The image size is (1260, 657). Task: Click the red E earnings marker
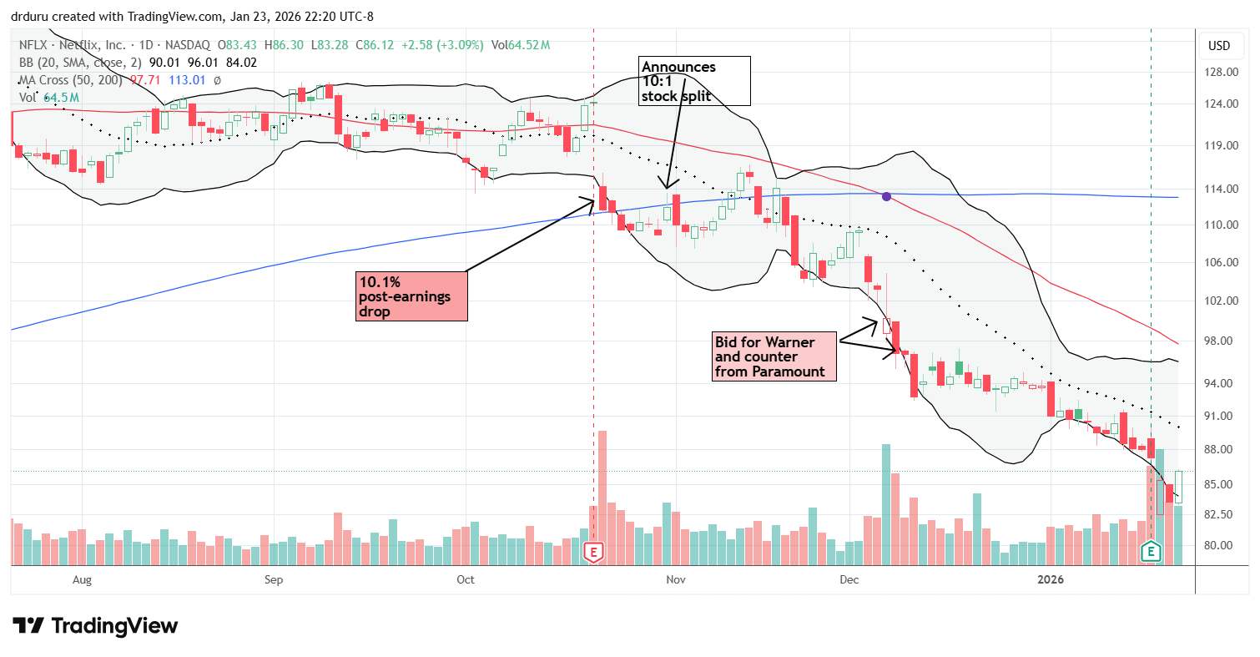(593, 552)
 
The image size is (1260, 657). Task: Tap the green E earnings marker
(1152, 552)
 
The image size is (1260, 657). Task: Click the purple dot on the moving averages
(887, 196)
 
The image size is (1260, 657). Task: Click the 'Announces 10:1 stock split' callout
(694, 81)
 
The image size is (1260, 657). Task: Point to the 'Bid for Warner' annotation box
(774, 355)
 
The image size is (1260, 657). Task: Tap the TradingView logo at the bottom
(95, 625)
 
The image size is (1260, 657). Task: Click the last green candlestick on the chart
(1178, 487)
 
